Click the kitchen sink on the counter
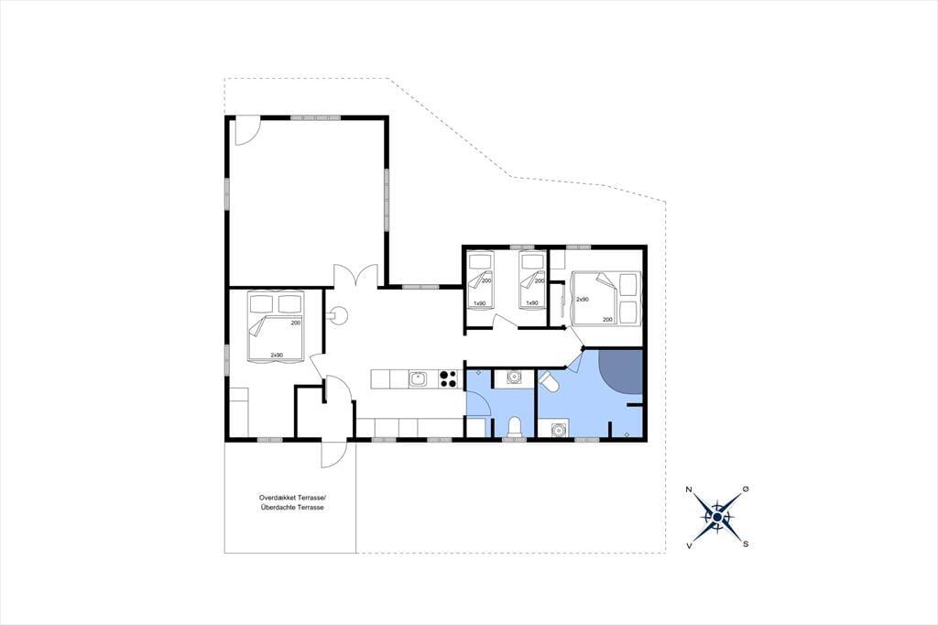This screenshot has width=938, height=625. [x=418, y=379]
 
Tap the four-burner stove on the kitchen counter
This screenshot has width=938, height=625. [x=448, y=379]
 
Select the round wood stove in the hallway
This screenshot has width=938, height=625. [x=339, y=313]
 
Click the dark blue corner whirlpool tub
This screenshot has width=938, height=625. [x=621, y=371]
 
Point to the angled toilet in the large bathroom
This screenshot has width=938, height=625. [x=550, y=382]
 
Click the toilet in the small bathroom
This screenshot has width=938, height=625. [x=514, y=427]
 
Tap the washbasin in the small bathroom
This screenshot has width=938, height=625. [x=513, y=378]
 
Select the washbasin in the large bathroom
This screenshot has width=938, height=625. [x=559, y=429]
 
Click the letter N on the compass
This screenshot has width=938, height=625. [x=689, y=490]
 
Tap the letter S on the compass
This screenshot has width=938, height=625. [x=746, y=544]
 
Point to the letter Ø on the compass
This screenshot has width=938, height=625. [x=746, y=489]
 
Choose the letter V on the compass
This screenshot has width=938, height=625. [x=690, y=545]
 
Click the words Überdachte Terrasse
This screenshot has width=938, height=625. [x=292, y=507]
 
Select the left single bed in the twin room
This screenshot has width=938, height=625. [x=480, y=280]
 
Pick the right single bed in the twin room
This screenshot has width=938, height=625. [x=532, y=280]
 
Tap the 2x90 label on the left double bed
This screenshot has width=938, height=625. [x=277, y=355]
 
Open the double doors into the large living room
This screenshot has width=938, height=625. [x=355, y=276]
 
